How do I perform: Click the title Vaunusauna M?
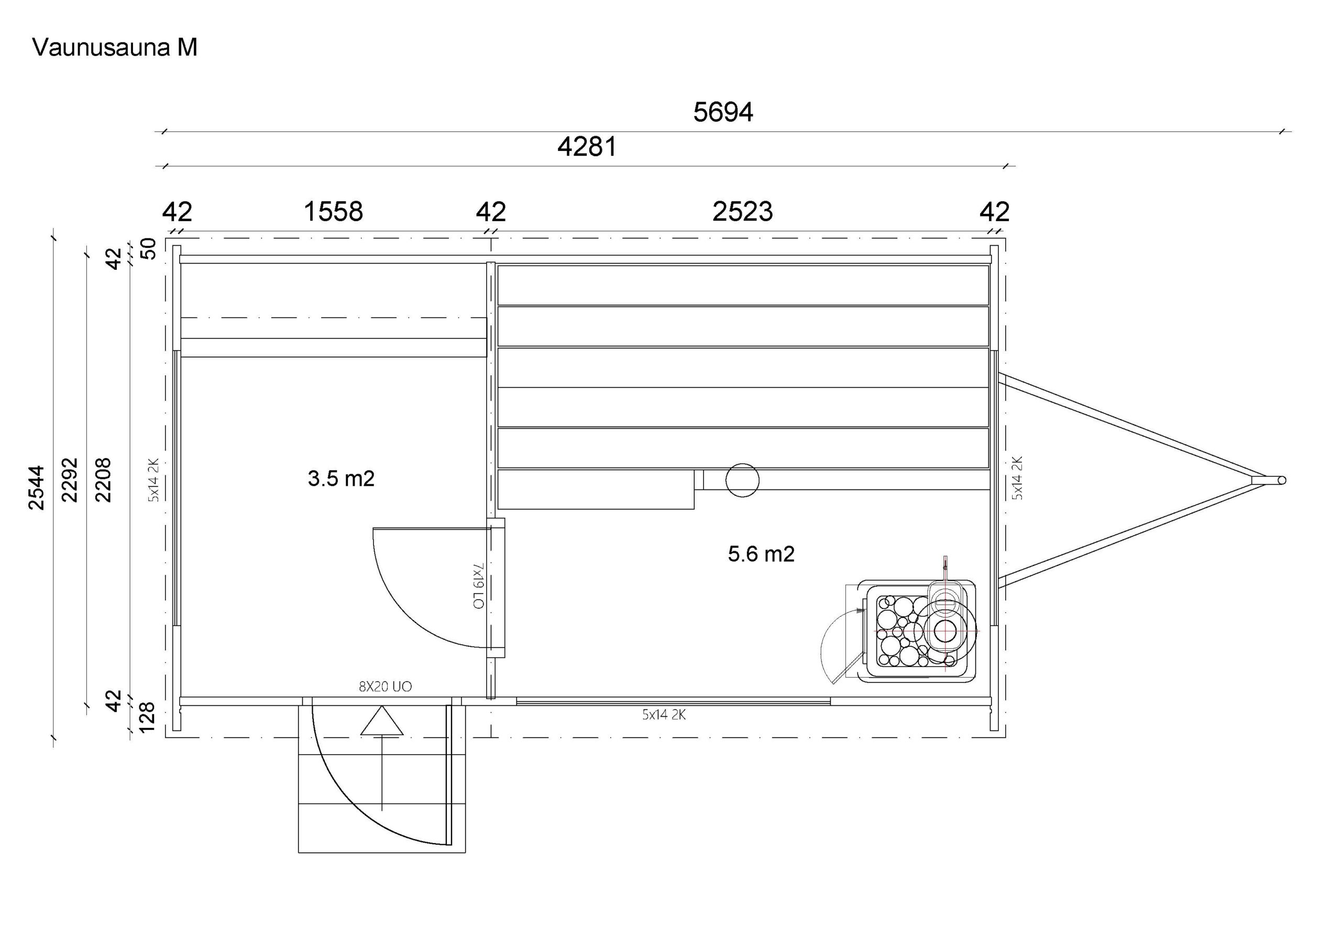point(115,47)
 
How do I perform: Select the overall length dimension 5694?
point(723,112)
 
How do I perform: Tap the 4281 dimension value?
point(587,147)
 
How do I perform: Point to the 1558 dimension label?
point(334,212)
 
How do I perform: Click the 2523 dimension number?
point(742,212)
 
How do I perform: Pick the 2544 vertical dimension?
point(36,487)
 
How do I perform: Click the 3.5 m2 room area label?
point(341,478)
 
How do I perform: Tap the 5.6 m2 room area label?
point(761,554)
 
